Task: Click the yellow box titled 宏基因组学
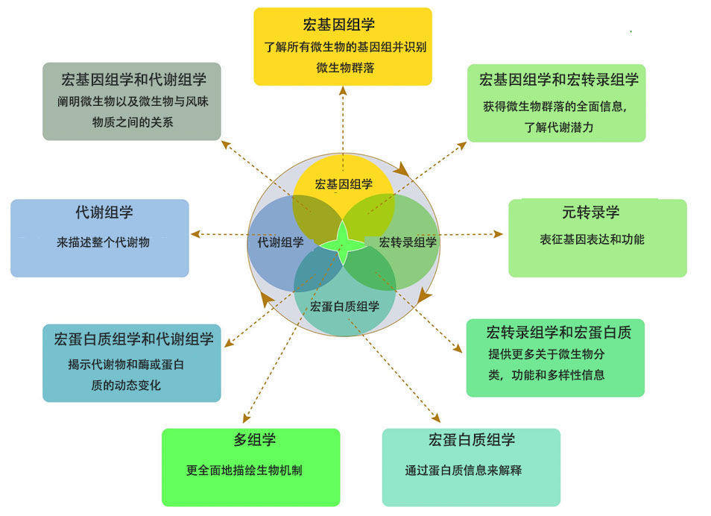click(343, 46)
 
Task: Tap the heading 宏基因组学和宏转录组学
click(558, 80)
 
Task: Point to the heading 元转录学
click(591, 213)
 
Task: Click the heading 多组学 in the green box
click(250, 440)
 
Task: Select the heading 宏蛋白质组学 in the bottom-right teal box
click(472, 440)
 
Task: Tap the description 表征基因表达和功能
click(592, 239)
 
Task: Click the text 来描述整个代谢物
click(103, 242)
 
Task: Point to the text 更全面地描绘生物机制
click(244, 471)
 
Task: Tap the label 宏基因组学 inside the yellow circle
click(344, 184)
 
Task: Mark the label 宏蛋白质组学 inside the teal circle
click(344, 306)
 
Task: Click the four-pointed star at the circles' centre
click(344, 242)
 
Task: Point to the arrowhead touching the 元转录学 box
click(499, 234)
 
